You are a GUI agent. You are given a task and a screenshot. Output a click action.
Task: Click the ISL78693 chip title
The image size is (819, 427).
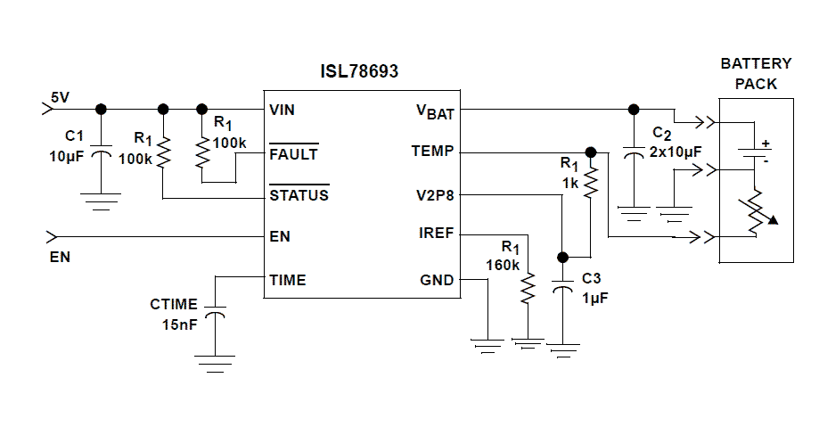359,72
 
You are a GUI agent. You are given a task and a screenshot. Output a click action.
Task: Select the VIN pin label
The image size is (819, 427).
282,110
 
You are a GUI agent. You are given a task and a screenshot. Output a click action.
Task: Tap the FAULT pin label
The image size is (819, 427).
293,152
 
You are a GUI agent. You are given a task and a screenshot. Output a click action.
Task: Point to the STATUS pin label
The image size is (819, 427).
299,194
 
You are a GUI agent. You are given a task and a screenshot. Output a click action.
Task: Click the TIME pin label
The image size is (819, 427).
287,279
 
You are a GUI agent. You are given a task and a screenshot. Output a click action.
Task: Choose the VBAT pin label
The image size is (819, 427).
435,111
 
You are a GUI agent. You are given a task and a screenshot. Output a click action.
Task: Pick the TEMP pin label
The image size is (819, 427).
432,152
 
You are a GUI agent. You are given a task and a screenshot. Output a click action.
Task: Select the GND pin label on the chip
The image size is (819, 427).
437,279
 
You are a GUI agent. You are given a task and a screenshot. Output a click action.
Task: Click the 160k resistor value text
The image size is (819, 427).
503,264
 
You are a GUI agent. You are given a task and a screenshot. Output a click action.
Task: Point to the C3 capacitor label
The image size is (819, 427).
593,278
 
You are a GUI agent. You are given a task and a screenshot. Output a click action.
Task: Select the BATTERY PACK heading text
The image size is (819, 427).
756,74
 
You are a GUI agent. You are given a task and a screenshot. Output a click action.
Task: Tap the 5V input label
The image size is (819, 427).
60,96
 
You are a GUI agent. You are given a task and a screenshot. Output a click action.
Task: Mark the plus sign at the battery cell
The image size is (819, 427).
764,144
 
